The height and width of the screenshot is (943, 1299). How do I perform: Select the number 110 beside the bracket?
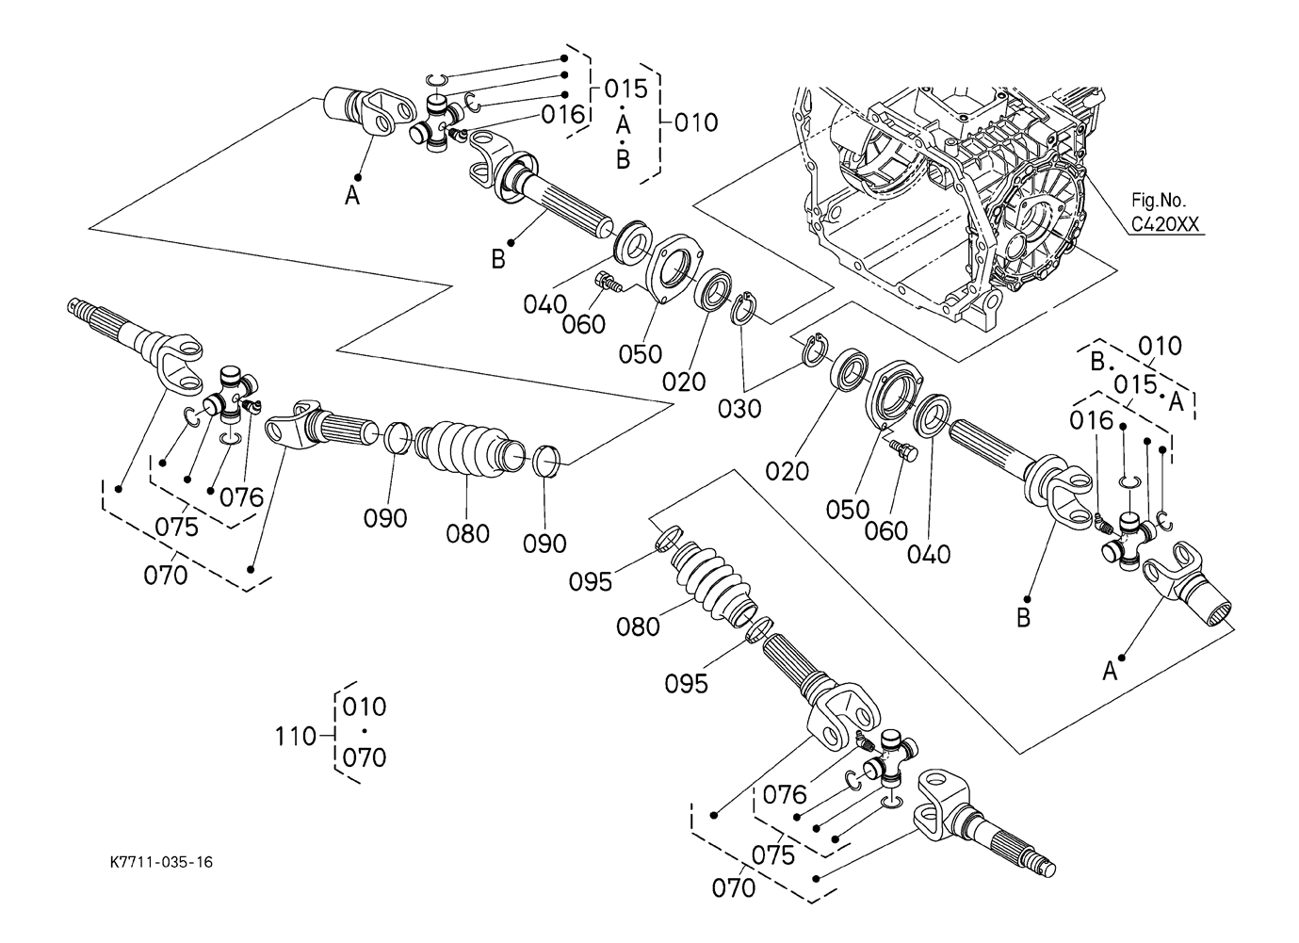tap(296, 736)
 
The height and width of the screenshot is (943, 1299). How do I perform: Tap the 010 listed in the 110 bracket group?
tap(365, 707)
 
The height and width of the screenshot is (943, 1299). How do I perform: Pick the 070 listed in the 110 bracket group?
tap(365, 756)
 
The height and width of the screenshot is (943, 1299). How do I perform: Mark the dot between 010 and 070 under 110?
tap(364, 732)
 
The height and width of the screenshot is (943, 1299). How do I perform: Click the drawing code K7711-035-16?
tap(159, 862)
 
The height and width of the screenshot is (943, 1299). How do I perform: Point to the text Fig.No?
tap(1159, 201)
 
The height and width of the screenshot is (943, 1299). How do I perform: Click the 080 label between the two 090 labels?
tap(468, 533)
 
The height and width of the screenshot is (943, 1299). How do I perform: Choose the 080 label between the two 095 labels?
tap(639, 626)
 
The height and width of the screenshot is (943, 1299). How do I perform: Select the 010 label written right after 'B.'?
tap(1160, 346)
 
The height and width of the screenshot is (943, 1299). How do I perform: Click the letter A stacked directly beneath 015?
tap(623, 124)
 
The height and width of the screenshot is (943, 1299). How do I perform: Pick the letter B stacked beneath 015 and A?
tap(623, 159)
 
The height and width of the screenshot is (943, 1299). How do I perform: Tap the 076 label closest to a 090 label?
tap(242, 496)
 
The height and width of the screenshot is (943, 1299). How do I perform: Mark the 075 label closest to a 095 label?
tap(772, 854)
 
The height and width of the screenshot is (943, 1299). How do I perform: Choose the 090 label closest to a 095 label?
tap(545, 543)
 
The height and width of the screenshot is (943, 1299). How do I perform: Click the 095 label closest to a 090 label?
tap(591, 581)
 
